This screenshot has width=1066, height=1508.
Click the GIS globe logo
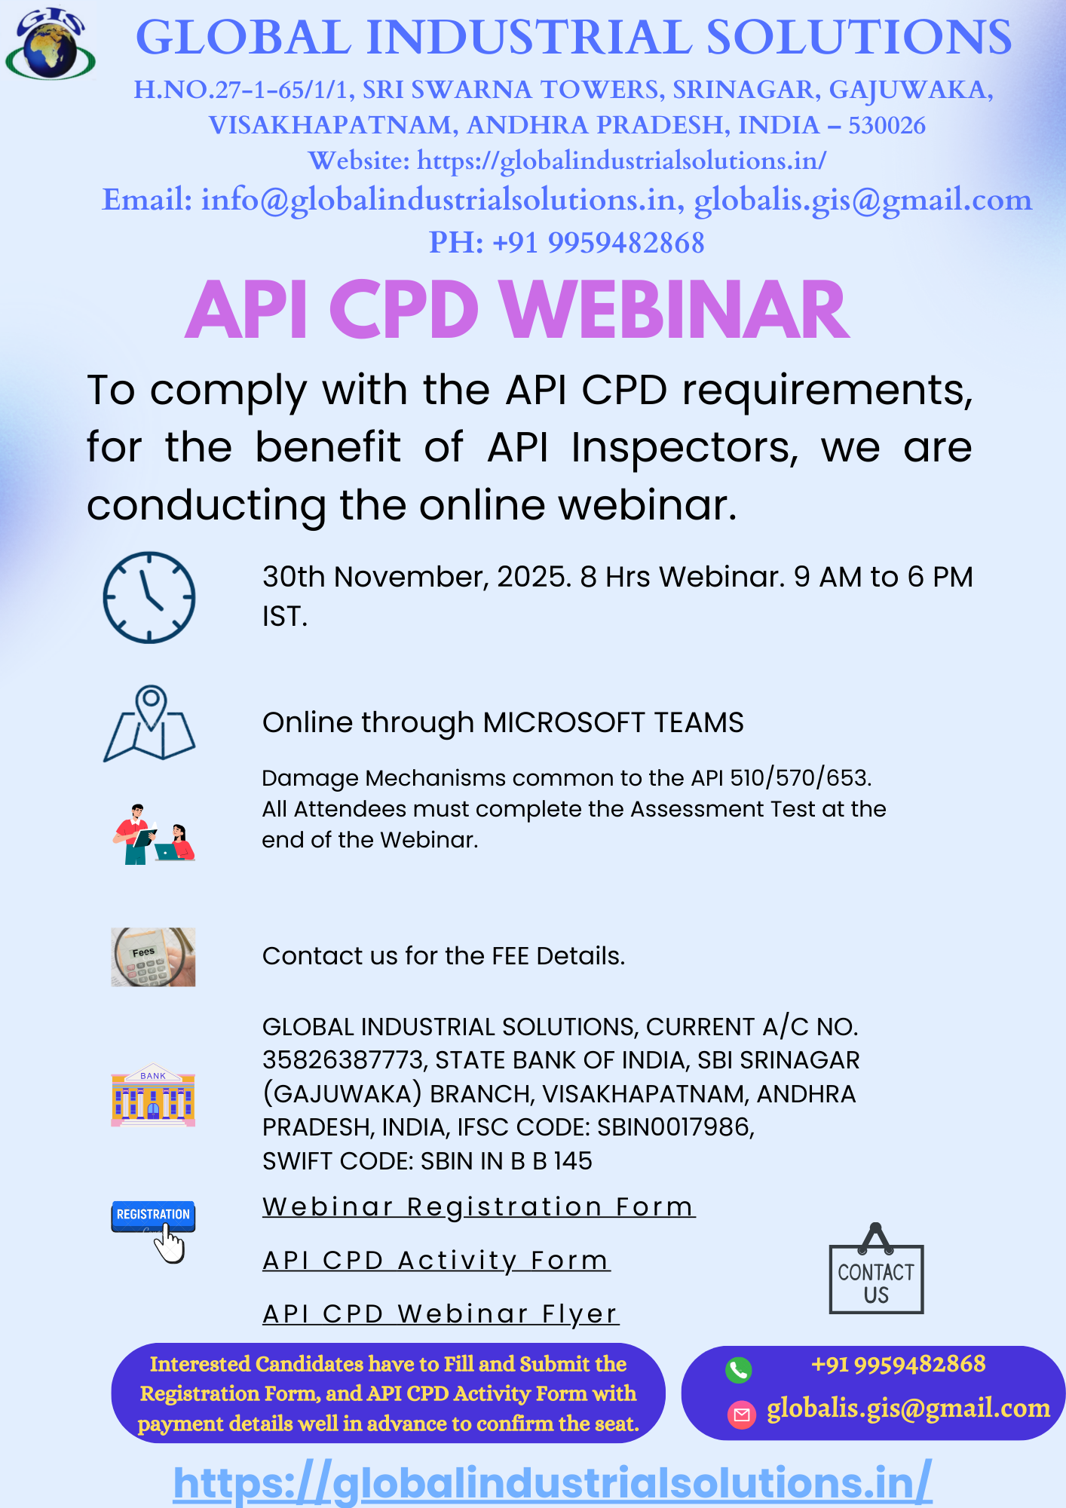pyautogui.click(x=51, y=44)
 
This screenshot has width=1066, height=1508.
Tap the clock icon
pyautogui.click(x=149, y=597)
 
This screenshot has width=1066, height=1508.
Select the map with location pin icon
pyautogui.click(x=149, y=723)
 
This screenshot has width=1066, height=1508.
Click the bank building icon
pyautogui.click(x=153, y=1095)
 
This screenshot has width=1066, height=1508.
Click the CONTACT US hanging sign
pyautogui.click(x=876, y=1268)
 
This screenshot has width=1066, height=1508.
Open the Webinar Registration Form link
pyautogui.click(x=479, y=1207)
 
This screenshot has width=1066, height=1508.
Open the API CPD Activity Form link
pyautogui.click(x=437, y=1261)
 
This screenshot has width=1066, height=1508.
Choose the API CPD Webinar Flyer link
pyautogui.click(x=441, y=1314)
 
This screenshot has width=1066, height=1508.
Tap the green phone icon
pyautogui.click(x=739, y=1370)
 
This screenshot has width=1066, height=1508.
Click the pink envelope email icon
pyautogui.click(x=741, y=1415)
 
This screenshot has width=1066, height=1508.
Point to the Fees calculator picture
pyautogui.click(x=153, y=957)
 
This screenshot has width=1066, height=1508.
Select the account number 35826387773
pyautogui.click(x=344, y=1060)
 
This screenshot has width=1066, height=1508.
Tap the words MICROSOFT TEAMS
pyautogui.click(x=613, y=722)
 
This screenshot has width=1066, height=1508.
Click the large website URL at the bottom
pyautogui.click(x=553, y=1482)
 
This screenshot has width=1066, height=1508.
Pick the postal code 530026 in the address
pyautogui.click(x=887, y=125)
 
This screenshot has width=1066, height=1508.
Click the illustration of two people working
pyautogui.click(x=154, y=834)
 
